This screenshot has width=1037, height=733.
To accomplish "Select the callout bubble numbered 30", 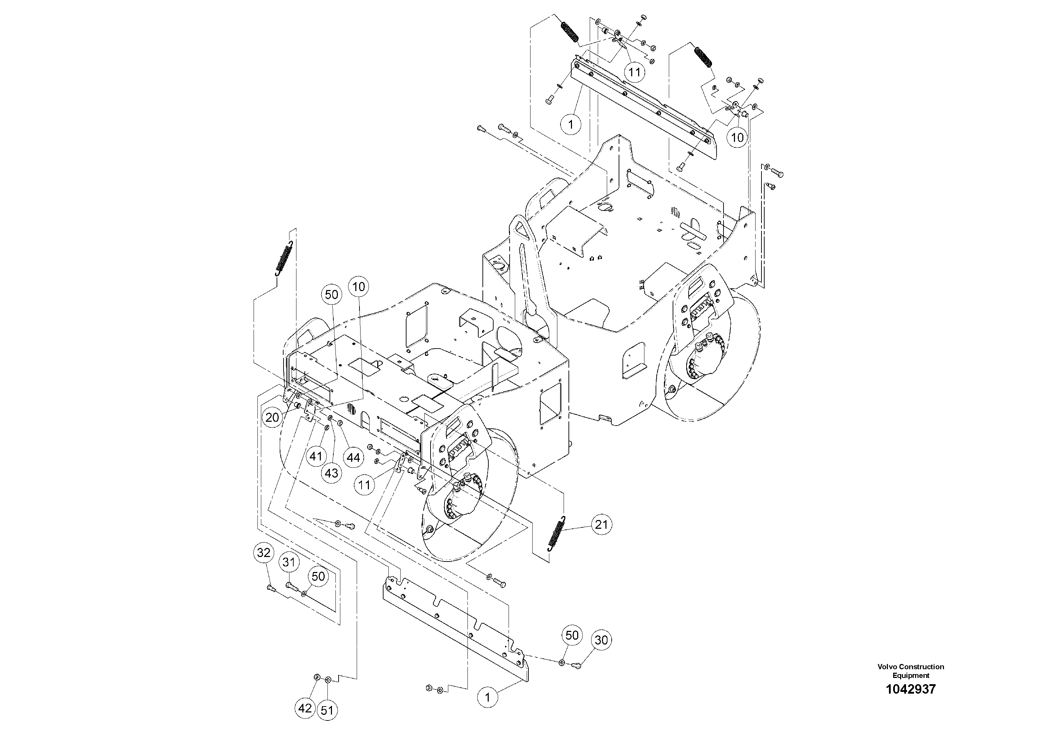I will (x=601, y=640).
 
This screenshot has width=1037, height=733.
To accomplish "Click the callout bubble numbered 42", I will (x=305, y=708).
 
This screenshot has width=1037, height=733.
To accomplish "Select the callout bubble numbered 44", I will (x=353, y=458).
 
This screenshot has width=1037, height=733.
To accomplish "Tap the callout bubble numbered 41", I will (x=316, y=456).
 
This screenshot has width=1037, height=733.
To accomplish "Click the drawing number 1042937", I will (x=911, y=689).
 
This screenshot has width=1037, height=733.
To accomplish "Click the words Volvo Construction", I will (x=911, y=666).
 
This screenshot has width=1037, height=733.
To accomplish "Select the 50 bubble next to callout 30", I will (x=572, y=635).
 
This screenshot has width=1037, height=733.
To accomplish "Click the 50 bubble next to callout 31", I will (x=318, y=576).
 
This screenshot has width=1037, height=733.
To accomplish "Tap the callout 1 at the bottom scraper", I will (x=487, y=698).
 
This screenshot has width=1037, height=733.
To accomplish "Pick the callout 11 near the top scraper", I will (x=635, y=71).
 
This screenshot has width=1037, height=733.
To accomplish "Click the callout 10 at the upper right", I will (x=737, y=137).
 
